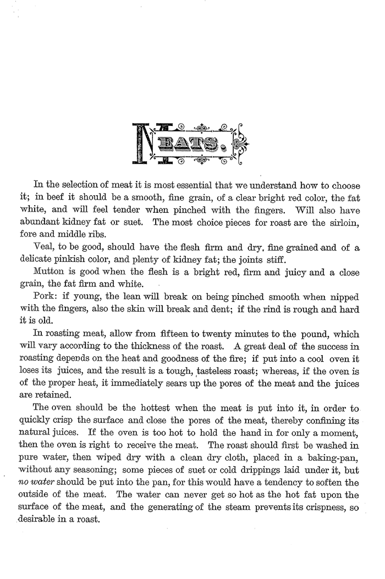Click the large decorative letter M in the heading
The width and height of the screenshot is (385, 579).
point(144,144)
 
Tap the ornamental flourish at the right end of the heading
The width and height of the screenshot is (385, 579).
point(238,145)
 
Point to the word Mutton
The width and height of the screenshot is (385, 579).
point(50,272)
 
